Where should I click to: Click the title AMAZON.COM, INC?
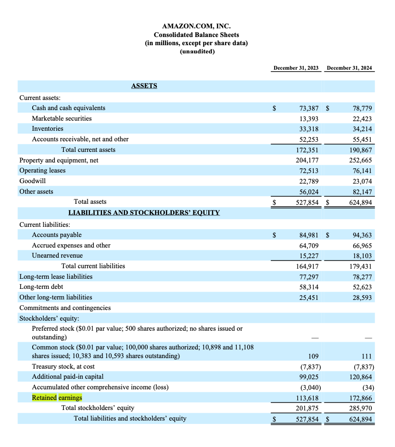pos(196,26)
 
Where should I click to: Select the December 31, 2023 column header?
pos(296,68)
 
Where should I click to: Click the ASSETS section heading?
pos(144,86)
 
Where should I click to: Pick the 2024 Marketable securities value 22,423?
pos(360,119)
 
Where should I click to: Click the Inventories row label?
pos(48,129)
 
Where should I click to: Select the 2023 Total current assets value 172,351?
pos(307,150)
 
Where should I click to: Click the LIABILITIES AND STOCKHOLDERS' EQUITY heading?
pos(144,212)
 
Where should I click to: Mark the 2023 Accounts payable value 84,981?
pos(309,235)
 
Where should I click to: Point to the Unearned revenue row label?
pos(57,256)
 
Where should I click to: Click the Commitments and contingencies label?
pos(65,308)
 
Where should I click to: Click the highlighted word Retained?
pos(44,398)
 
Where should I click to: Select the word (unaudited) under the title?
pos(197,51)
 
